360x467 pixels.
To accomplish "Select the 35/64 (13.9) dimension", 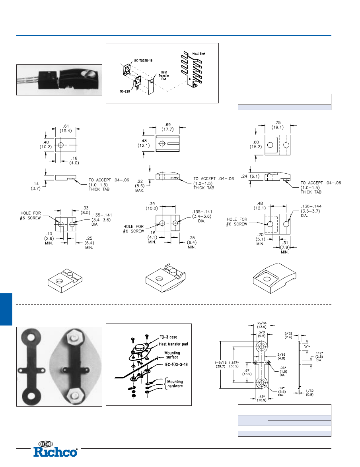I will (x=261, y=325).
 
